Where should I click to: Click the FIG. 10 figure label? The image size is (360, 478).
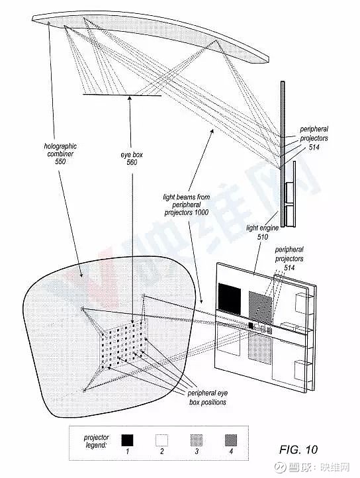298,449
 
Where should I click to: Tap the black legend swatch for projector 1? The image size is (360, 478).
128,440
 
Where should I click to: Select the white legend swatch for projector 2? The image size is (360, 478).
162,440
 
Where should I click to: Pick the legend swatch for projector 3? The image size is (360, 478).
197,440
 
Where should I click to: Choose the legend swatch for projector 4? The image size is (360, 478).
231,440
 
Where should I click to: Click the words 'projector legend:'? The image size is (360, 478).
96,441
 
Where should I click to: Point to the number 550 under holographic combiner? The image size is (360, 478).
60,162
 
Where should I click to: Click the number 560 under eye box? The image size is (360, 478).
132,162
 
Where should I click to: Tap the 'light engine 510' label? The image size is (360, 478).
262,232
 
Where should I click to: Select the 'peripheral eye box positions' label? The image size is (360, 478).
208,397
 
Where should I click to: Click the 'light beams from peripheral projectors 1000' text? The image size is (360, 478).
186,205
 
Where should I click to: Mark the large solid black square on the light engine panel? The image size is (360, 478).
230,299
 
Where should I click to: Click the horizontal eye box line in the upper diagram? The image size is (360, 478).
122,95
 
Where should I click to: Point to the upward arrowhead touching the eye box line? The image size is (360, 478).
130,99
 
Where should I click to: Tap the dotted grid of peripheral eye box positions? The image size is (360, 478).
124,344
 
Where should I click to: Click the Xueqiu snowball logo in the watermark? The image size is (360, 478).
280,467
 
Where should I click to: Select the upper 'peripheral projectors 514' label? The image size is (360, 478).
314,138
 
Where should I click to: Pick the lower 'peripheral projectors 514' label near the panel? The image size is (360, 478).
289,258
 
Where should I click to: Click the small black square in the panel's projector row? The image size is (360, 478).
251,326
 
